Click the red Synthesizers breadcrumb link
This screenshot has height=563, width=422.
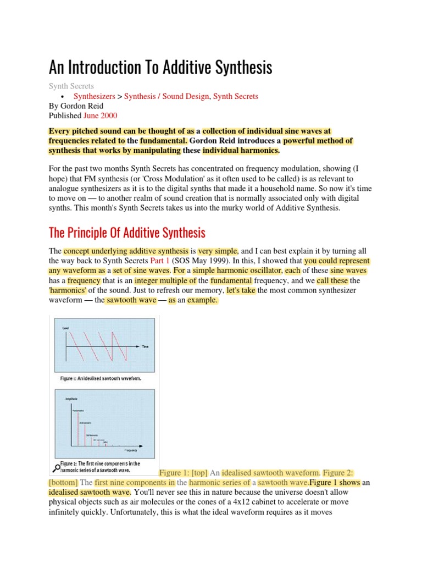pos(94,96)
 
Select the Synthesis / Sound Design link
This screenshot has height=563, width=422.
pos(166,96)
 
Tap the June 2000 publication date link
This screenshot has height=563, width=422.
pos(100,116)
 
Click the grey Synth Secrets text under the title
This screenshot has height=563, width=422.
pos(71,86)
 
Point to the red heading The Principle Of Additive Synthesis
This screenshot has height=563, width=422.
pos(127,232)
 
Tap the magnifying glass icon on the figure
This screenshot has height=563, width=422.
pos(56,468)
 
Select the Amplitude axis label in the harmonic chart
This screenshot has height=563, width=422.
pos(71,398)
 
